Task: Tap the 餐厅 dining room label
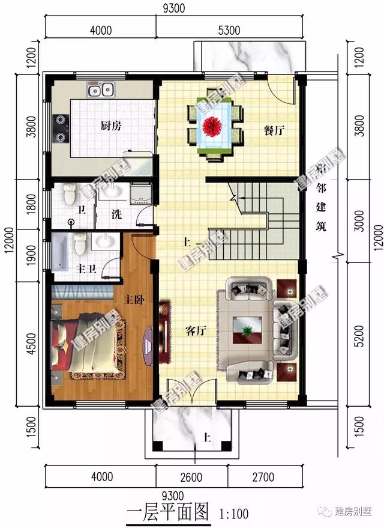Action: point(272,130)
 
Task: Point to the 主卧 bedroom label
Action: point(134,299)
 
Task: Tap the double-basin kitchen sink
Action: point(101,91)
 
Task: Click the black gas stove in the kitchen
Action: point(61,127)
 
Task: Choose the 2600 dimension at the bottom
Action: point(191,478)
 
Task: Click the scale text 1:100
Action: point(234,514)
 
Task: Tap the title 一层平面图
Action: point(169,512)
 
